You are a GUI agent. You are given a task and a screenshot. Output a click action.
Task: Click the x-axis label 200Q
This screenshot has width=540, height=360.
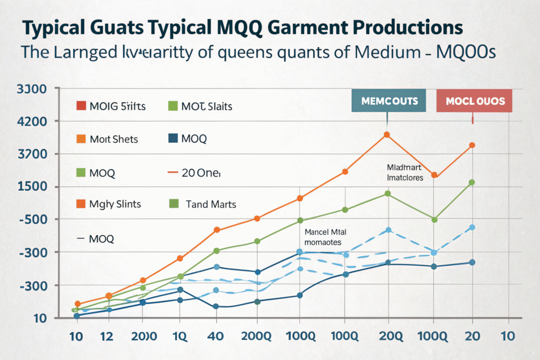point(257,336)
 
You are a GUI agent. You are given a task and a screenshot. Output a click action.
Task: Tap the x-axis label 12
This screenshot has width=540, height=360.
point(109,336)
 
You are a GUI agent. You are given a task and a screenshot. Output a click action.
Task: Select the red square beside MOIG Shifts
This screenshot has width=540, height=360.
point(81,106)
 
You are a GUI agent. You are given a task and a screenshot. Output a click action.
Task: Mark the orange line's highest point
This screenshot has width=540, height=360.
point(387,135)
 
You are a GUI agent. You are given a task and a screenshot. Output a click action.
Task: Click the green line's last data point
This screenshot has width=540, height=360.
point(472,182)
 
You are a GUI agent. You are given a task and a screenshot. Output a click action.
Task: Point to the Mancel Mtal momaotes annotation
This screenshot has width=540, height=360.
point(323,237)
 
